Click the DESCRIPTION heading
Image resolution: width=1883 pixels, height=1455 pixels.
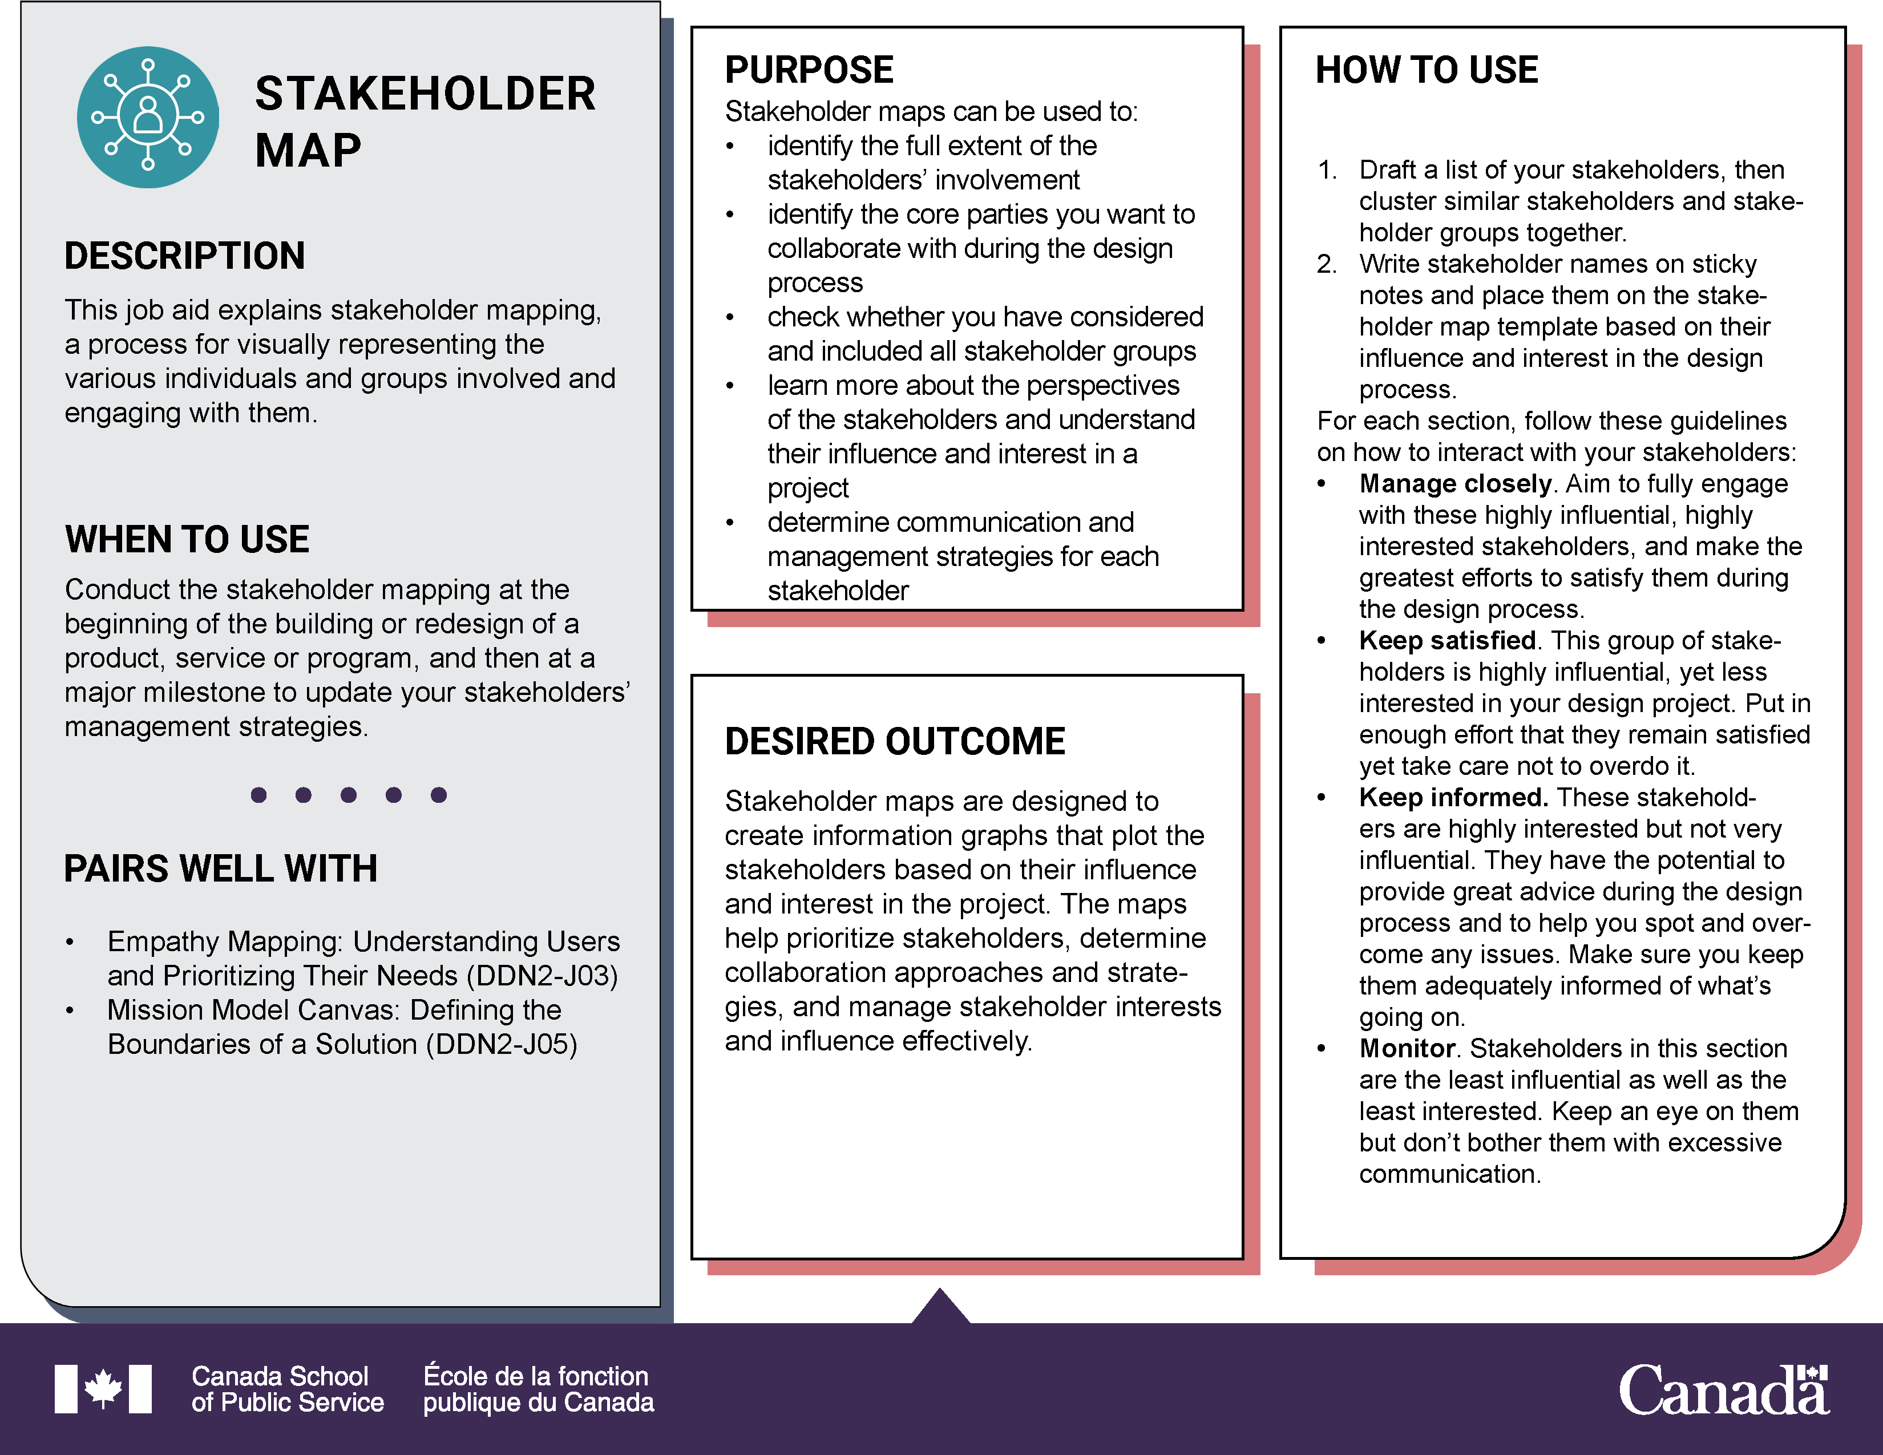click(x=184, y=256)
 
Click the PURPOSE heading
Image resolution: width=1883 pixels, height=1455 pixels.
click(x=809, y=70)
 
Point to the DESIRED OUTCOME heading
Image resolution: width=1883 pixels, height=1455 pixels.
click(x=894, y=741)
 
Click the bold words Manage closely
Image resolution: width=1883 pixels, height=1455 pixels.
click(x=1454, y=483)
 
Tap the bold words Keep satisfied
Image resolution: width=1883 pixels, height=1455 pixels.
click(x=1446, y=640)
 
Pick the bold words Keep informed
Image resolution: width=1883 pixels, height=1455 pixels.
click(x=1453, y=797)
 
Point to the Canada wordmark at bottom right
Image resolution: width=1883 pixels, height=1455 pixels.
click(x=1723, y=1389)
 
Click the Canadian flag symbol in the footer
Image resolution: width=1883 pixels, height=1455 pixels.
click(x=103, y=1389)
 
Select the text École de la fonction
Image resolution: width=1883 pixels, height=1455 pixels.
click(x=535, y=1376)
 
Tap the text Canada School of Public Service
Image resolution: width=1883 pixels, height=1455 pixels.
click(x=287, y=1389)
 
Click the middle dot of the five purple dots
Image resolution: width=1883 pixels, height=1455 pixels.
click(x=348, y=795)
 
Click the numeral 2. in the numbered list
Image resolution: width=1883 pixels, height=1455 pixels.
click(x=1326, y=264)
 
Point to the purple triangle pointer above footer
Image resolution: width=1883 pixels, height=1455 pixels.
click(x=940, y=1307)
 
